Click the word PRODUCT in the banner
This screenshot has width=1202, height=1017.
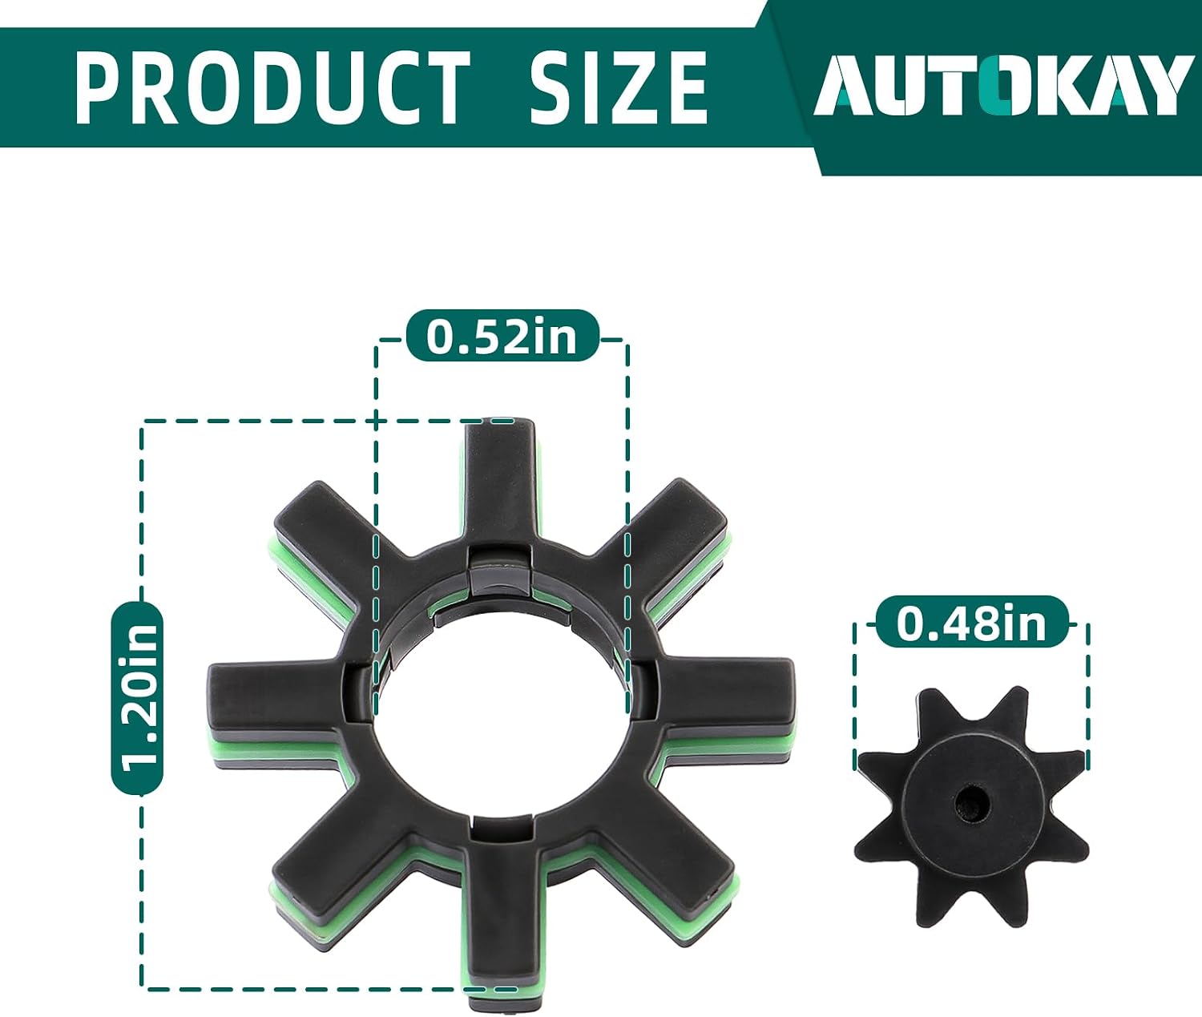point(272,87)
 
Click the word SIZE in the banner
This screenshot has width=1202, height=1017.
point(618,87)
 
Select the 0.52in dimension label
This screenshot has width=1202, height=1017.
point(502,336)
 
